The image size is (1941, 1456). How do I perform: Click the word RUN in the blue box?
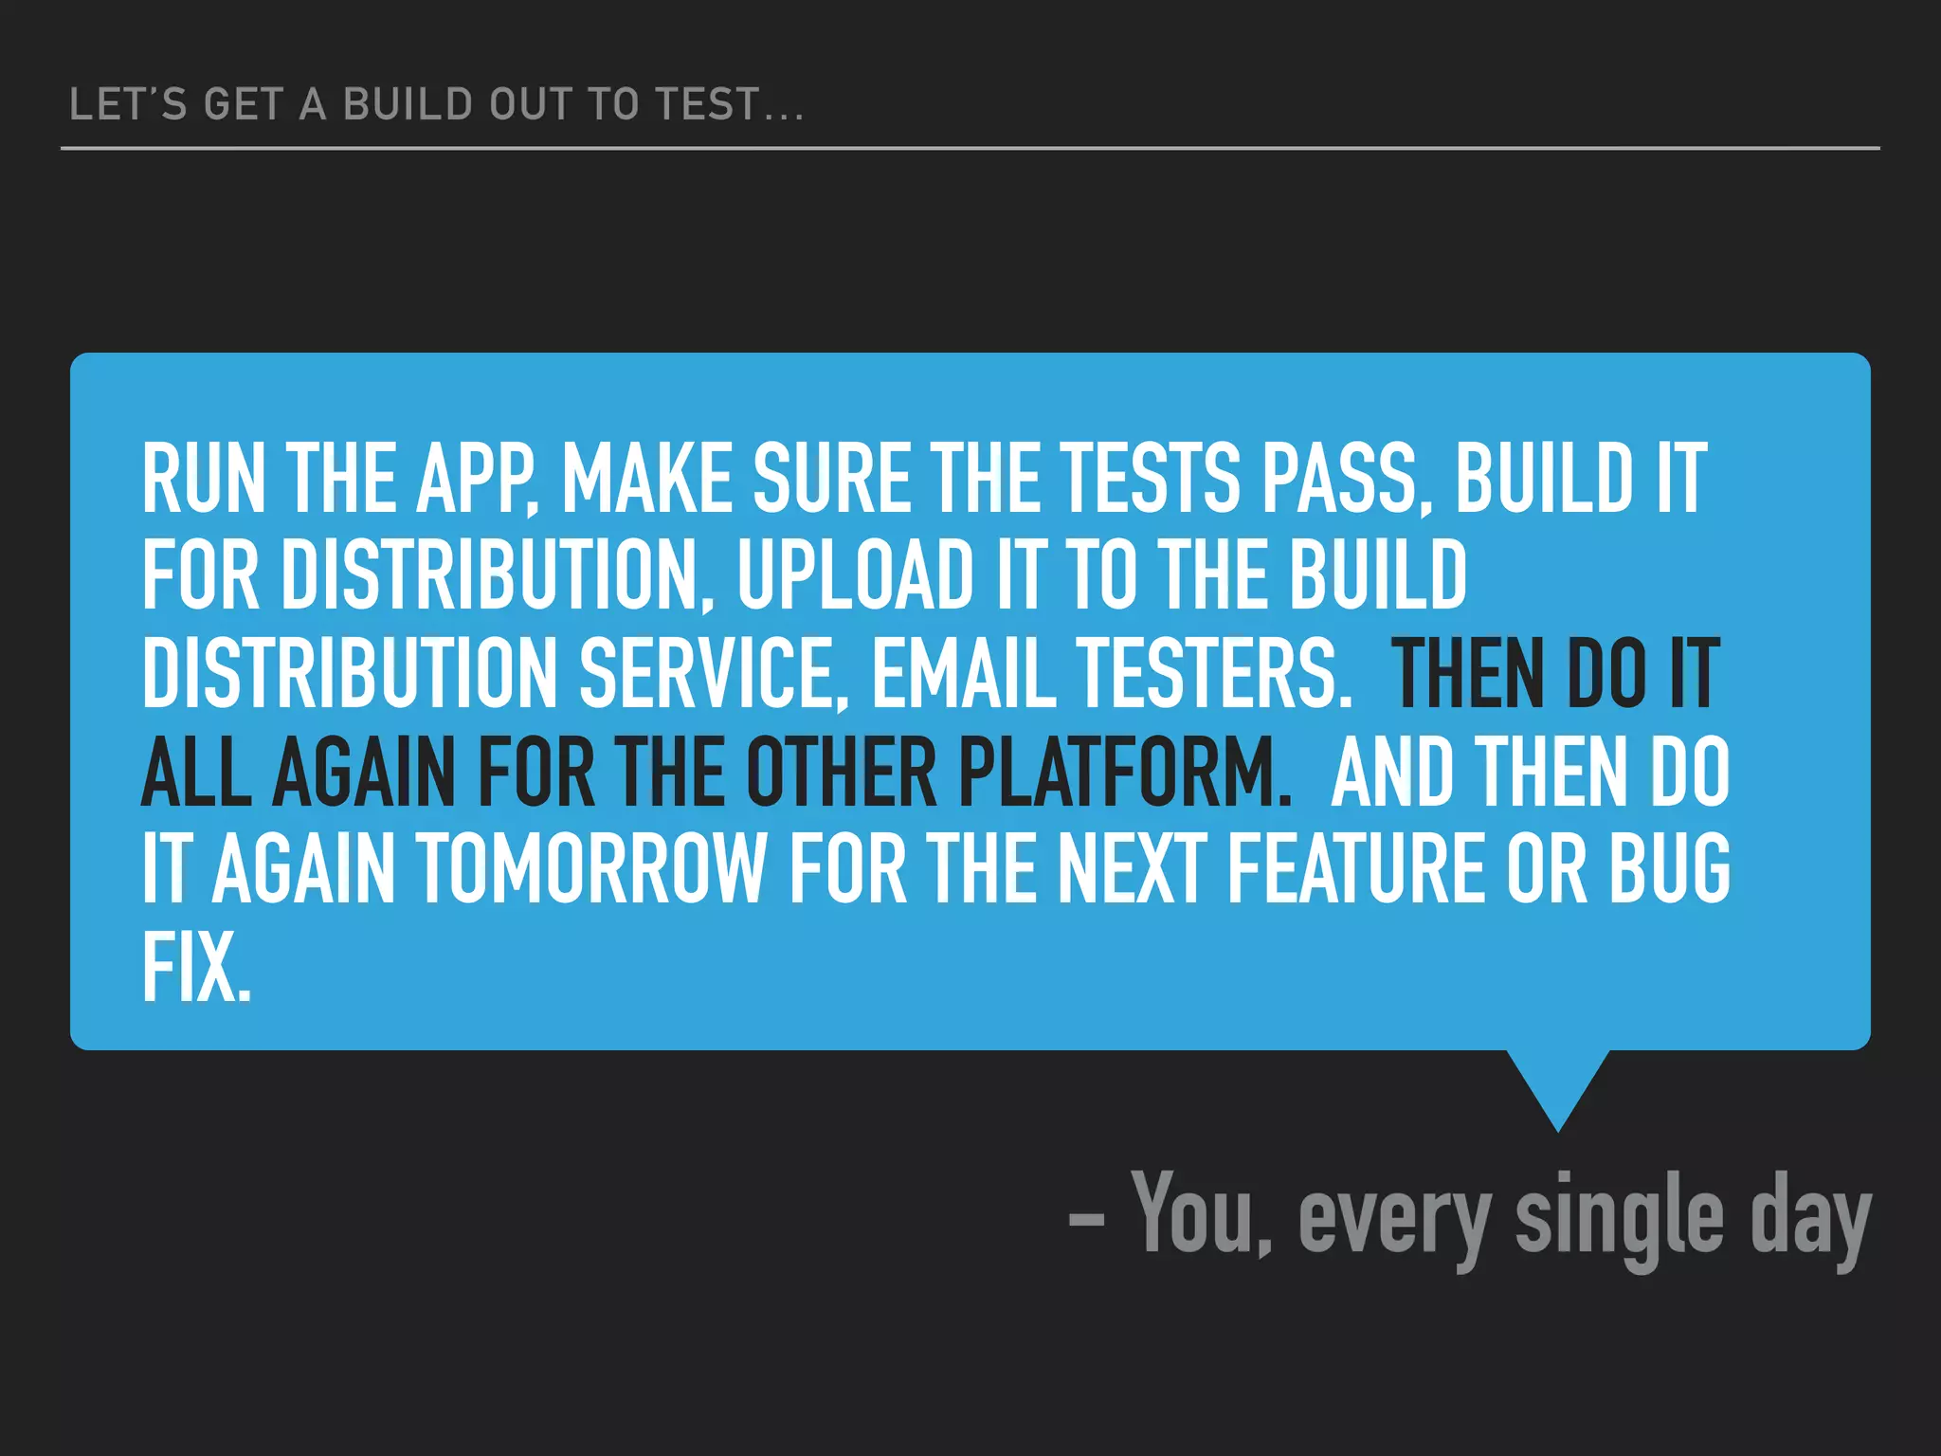(203, 479)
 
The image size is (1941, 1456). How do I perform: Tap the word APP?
(477, 479)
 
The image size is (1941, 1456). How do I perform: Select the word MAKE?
(647, 479)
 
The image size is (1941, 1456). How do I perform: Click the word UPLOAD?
(856, 575)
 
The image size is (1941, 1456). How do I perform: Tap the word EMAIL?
(963, 673)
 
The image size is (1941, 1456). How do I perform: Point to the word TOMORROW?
(591, 868)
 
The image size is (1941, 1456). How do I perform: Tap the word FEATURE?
(1356, 868)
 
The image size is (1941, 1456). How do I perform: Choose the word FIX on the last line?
(196, 966)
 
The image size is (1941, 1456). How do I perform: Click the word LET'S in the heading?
(128, 104)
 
